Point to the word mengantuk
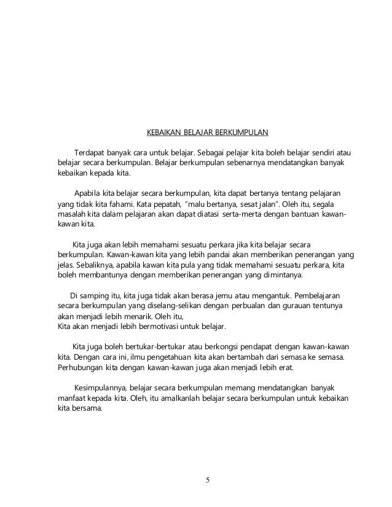coord(257,295)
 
